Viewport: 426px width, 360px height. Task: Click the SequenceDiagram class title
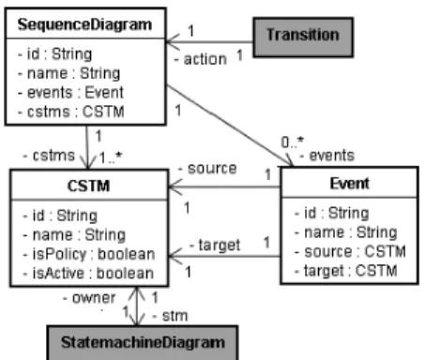[84, 24]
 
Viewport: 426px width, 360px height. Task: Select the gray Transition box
[303, 37]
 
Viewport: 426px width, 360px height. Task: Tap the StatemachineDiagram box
[143, 343]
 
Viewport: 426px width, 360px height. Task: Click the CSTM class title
[88, 186]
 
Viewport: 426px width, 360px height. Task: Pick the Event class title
[349, 184]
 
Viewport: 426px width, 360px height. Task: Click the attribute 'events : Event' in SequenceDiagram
[70, 93]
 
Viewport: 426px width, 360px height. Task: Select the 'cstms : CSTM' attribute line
[71, 112]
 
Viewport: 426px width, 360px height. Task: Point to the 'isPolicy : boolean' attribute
[89, 254]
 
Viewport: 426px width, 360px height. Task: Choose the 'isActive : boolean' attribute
[88, 274]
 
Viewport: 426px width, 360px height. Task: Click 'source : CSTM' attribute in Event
[350, 252]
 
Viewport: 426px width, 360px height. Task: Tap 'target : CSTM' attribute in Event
[345, 271]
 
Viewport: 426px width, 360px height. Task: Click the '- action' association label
[201, 59]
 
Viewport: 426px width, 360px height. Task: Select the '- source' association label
[207, 169]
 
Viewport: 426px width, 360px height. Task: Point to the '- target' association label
[215, 245]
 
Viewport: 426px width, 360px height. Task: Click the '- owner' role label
[89, 298]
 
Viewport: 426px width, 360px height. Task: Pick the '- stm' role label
[170, 316]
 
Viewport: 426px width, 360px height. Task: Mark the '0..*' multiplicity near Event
[293, 142]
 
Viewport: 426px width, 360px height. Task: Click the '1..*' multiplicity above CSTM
[111, 157]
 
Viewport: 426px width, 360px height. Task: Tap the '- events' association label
[327, 156]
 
